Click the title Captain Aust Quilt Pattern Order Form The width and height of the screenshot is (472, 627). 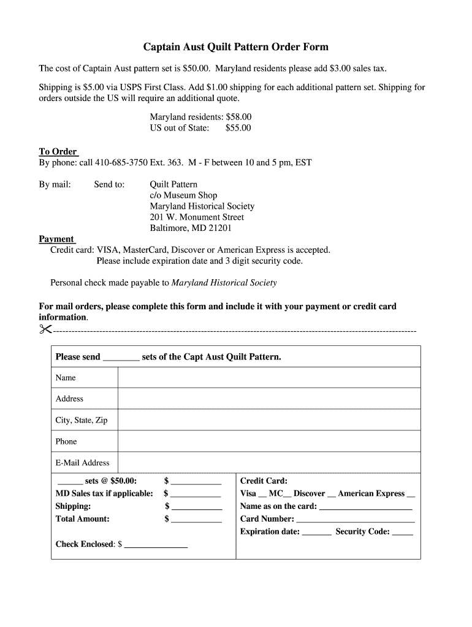tap(236, 47)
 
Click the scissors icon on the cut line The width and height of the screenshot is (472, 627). tap(45, 329)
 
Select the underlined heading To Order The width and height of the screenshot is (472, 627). tap(58, 152)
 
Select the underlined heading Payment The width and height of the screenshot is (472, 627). tap(56, 239)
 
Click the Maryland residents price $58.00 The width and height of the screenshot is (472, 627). tap(238, 117)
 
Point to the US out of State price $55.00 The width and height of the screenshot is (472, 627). tap(238, 128)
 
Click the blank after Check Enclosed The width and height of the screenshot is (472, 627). tap(156, 545)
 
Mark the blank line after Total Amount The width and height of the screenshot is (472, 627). tap(196, 520)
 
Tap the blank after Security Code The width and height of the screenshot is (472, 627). tap(402, 533)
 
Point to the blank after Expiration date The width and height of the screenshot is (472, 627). tap(316, 533)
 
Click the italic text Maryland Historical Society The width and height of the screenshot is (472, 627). tap(224, 283)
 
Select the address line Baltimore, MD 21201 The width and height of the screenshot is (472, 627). tap(191, 228)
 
